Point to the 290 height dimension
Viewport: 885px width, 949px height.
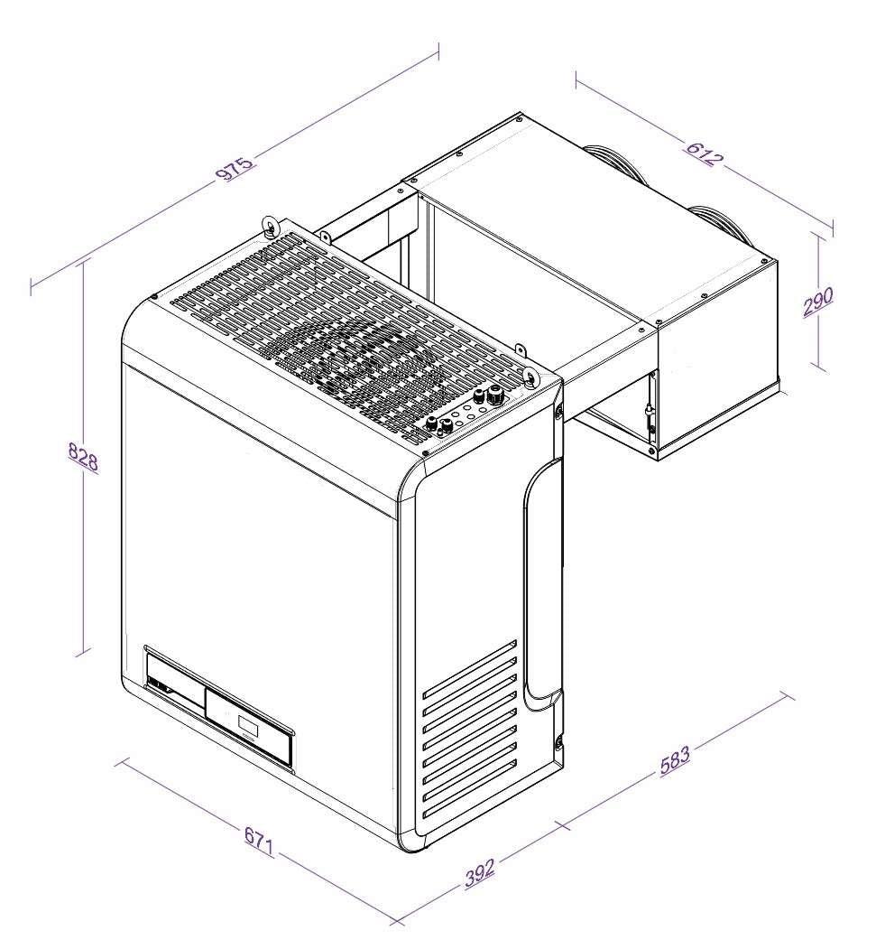coord(819,301)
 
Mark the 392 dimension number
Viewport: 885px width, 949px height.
coord(481,872)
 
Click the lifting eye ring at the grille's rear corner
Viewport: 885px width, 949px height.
coord(268,223)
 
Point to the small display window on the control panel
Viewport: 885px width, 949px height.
coord(246,724)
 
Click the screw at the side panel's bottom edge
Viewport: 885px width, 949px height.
coord(558,742)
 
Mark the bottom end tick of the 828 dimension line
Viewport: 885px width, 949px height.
coord(85,650)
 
